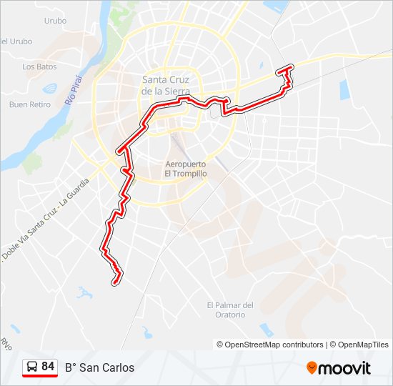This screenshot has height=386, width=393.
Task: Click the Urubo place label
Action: (55, 21)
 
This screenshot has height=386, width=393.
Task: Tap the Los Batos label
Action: (39, 66)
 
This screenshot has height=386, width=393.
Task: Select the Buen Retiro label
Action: (30, 104)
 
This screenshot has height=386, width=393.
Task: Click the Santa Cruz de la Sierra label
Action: (166, 85)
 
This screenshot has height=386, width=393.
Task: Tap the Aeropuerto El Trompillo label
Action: (186, 168)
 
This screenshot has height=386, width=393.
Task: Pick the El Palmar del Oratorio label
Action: (230, 310)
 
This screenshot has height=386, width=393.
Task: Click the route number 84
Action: (48, 367)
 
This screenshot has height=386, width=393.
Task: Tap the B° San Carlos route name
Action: (99, 368)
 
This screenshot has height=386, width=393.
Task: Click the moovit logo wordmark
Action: (344, 368)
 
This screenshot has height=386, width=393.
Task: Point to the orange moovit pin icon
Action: (312, 367)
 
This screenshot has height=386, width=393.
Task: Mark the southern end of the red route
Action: (114, 283)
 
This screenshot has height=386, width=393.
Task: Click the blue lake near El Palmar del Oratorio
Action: (267, 330)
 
